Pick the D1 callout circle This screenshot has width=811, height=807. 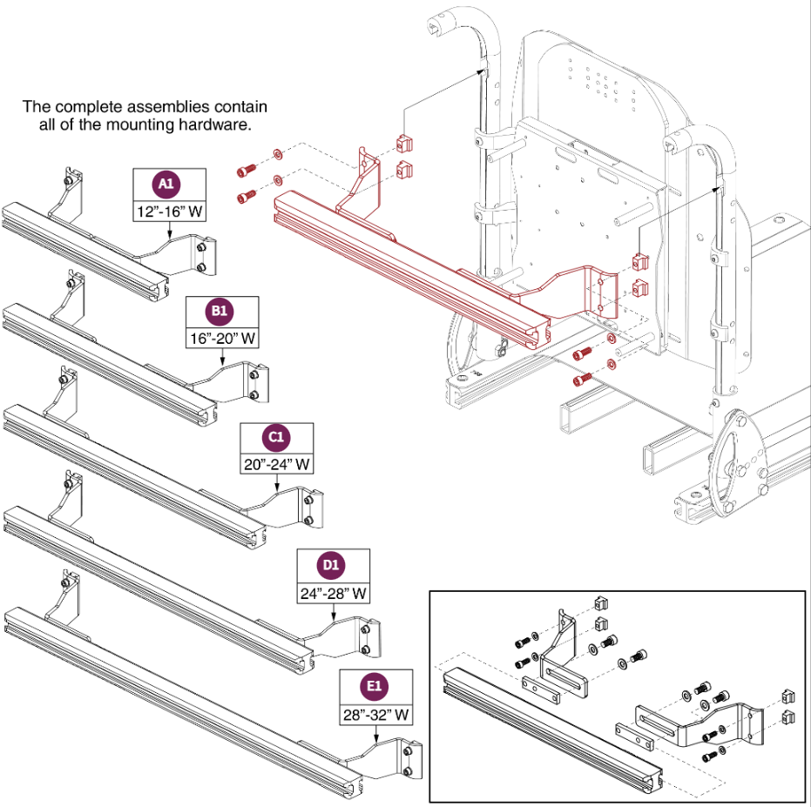tap(333, 565)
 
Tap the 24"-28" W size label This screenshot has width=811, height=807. tap(333, 593)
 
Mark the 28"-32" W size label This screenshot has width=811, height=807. tap(375, 715)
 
